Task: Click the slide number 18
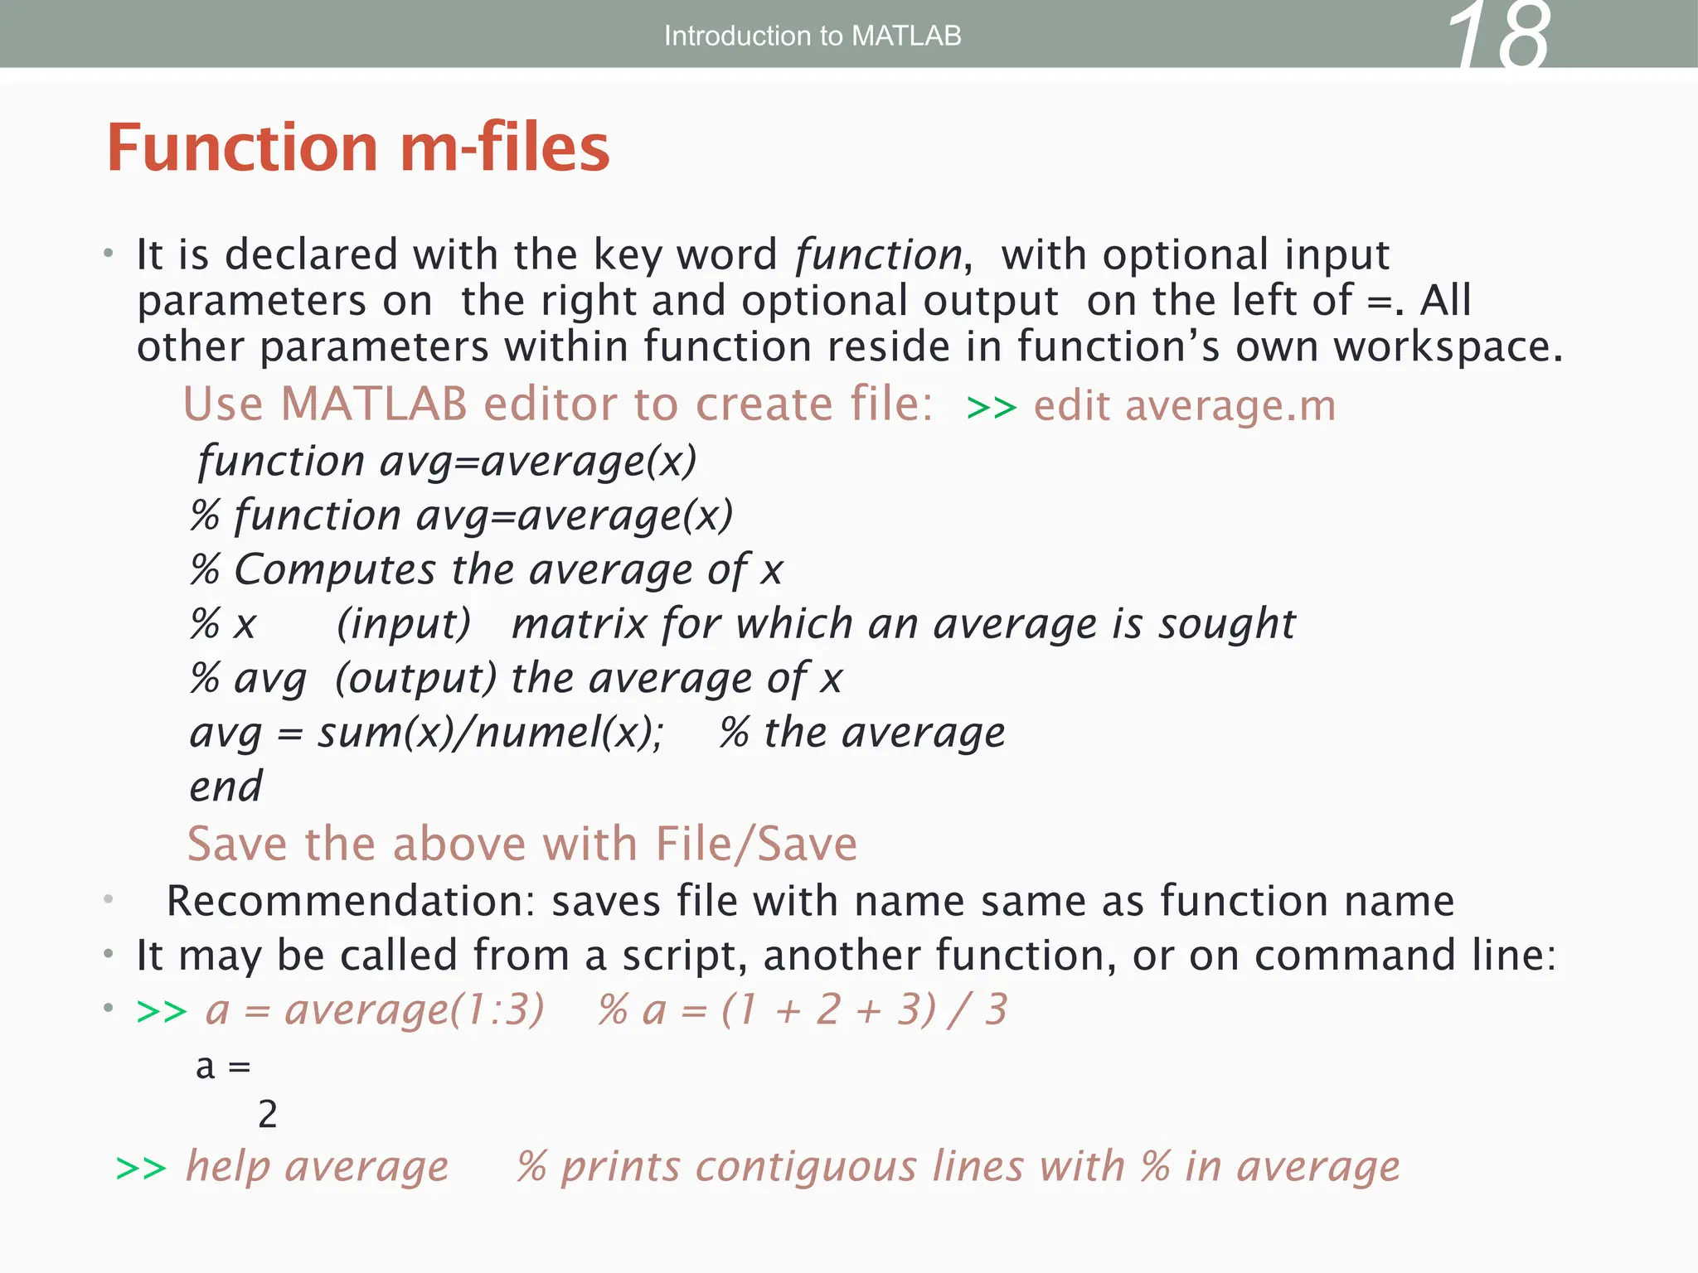(x=1497, y=36)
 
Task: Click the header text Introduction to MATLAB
(x=813, y=36)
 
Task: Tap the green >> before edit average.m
(x=991, y=408)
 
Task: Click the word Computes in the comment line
(x=335, y=569)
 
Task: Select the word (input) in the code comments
(x=404, y=623)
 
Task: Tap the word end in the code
(x=226, y=787)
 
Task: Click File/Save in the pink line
(x=755, y=845)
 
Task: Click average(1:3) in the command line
(x=415, y=1009)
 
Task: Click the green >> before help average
(x=141, y=1169)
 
